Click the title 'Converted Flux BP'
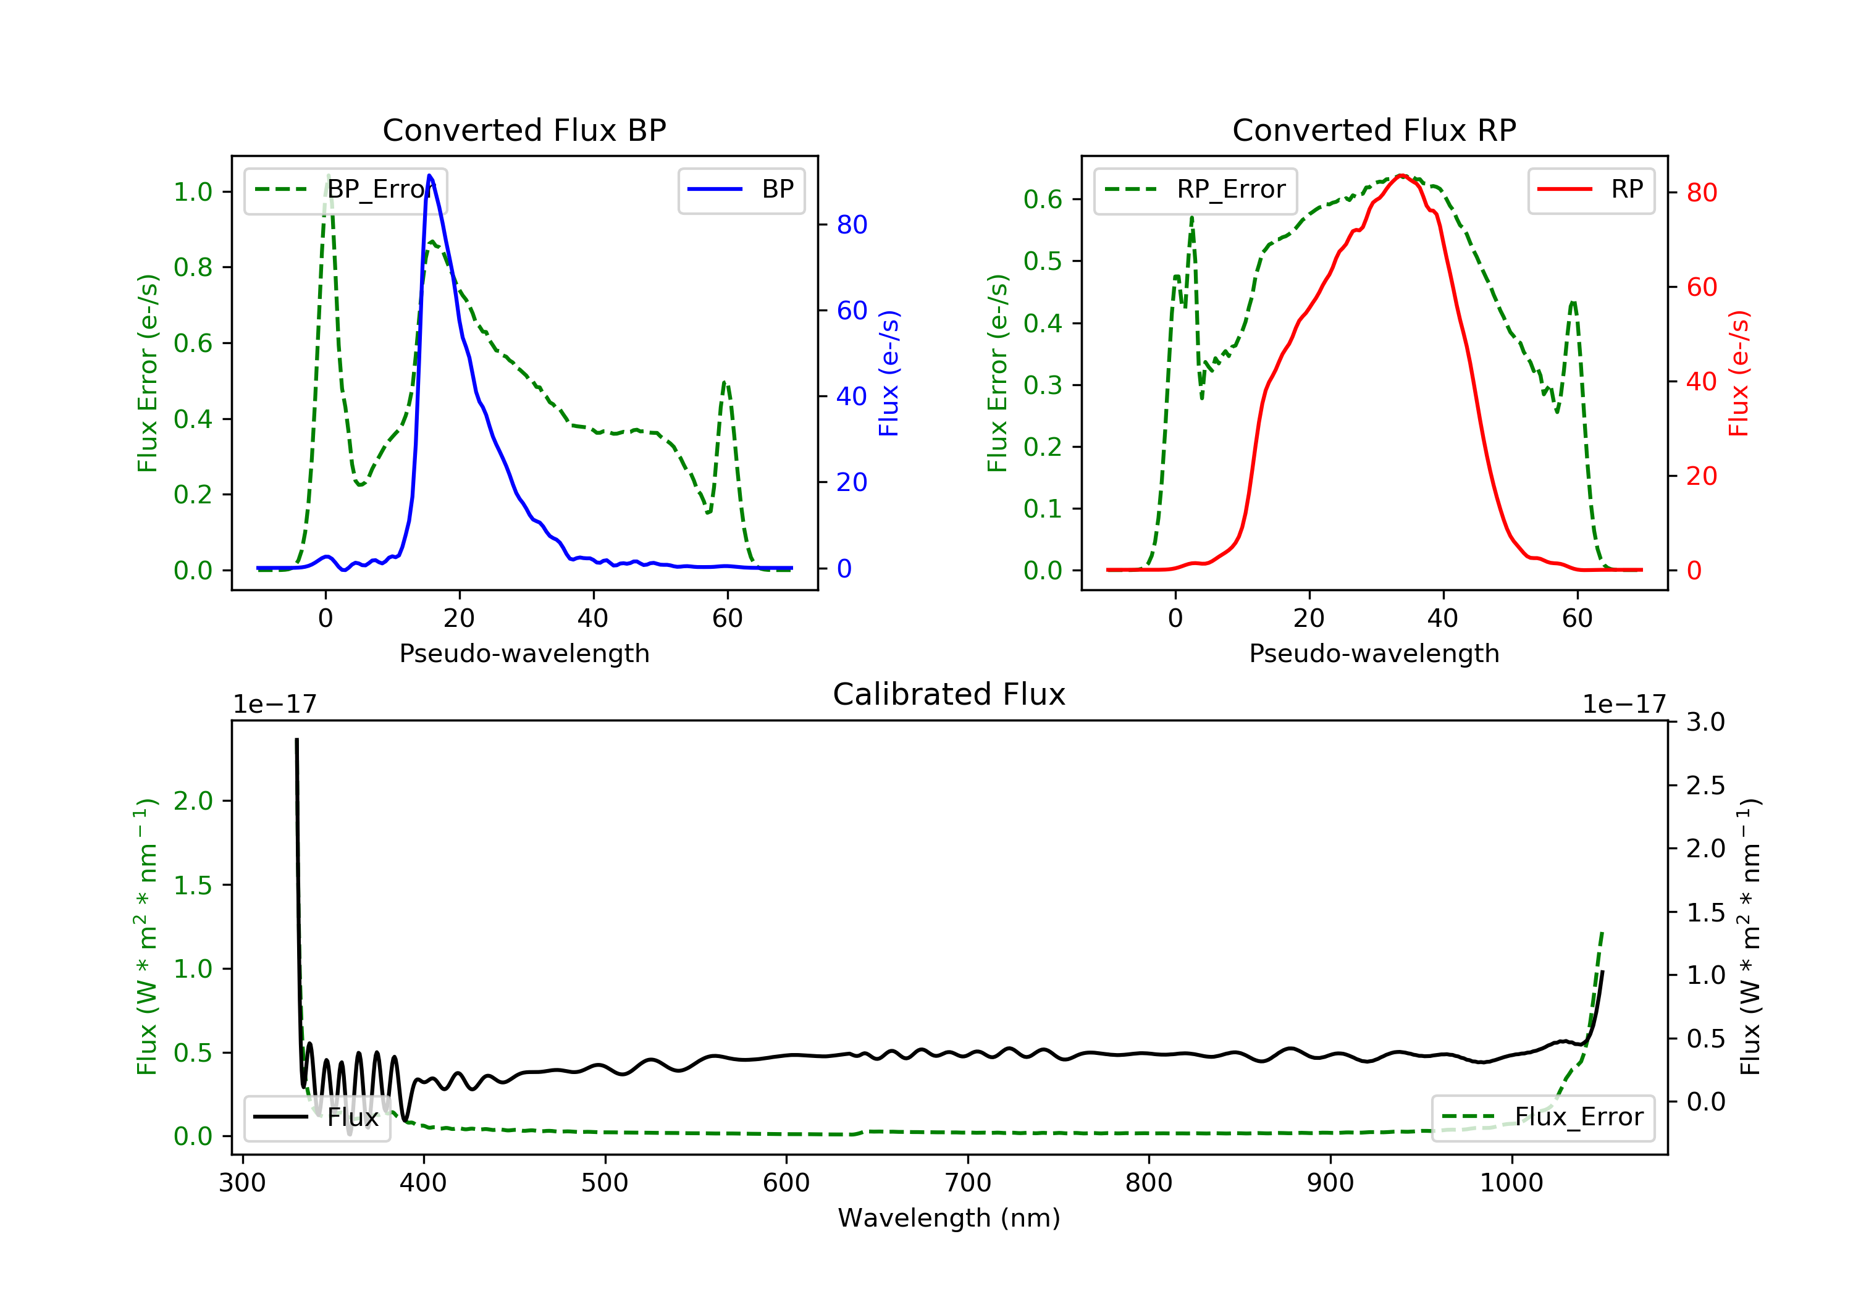point(524,130)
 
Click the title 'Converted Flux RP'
point(1374,130)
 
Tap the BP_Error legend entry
point(345,190)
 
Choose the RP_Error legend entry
point(1195,190)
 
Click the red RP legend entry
point(1590,190)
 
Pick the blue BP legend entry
point(741,190)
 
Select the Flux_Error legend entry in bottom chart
point(1542,1117)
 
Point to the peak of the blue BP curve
point(429,175)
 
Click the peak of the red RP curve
point(1402,175)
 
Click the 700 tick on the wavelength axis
point(968,1183)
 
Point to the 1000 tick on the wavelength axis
point(1511,1183)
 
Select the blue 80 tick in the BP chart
point(851,224)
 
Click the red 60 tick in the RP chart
point(1701,287)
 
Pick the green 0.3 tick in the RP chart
point(1043,385)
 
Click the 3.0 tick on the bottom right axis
point(1705,721)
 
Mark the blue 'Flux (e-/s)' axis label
point(889,373)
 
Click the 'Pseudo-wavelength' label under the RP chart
point(1374,653)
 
